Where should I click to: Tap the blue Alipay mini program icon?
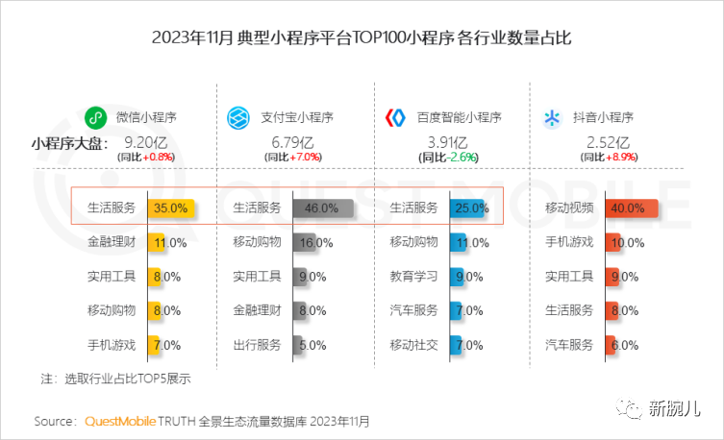point(238,118)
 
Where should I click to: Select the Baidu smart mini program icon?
point(395,118)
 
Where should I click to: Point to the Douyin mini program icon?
point(552,118)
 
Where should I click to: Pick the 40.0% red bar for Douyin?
point(630,208)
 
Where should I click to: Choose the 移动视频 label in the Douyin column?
point(569,208)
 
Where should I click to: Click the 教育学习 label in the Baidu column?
point(413,277)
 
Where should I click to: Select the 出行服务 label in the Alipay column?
point(257,345)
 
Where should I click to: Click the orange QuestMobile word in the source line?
point(119,421)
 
